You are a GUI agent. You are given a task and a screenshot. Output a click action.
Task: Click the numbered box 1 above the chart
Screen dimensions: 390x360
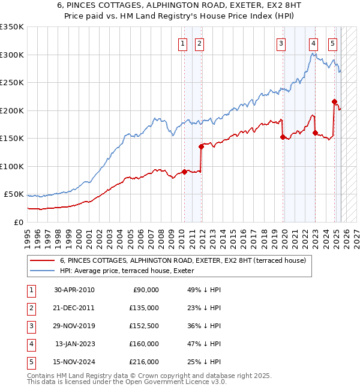[182, 43]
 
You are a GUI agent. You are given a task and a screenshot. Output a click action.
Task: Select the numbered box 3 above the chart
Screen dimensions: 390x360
[281, 43]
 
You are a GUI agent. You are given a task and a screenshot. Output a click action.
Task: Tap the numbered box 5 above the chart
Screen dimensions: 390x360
[333, 43]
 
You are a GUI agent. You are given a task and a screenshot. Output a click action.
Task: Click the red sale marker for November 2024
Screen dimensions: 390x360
[334, 102]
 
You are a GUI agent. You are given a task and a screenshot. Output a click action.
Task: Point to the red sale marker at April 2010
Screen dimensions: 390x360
[184, 172]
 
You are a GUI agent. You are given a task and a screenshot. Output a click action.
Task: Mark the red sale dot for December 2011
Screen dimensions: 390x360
[201, 146]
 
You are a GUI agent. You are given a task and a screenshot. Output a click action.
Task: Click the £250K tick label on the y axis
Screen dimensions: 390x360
[11, 82]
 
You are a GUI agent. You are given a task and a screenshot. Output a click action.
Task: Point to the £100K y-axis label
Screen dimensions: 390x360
[11, 166]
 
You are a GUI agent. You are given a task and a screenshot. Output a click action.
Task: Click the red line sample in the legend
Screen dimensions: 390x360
[42, 260]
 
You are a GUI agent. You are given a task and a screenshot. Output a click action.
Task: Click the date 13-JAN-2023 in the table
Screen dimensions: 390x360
[74, 344]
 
